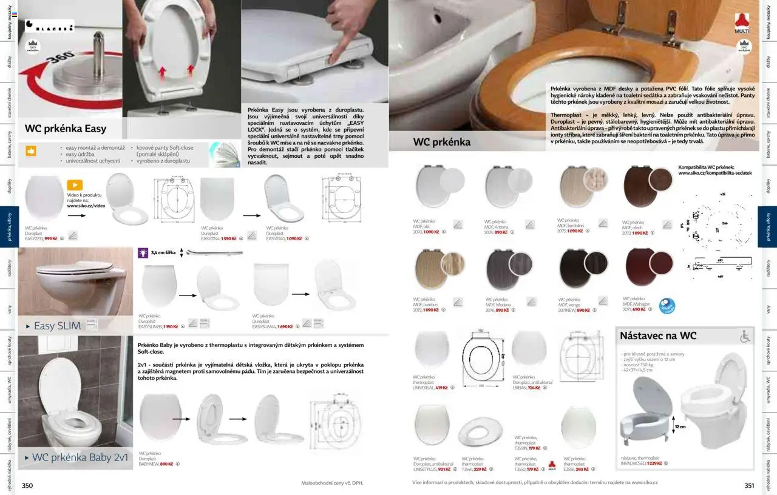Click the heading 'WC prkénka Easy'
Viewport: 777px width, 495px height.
[66, 129]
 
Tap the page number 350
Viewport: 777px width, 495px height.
[27, 485]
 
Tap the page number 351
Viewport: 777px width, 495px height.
[749, 485]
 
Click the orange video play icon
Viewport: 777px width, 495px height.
[75, 185]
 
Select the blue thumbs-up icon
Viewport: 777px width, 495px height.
[30, 151]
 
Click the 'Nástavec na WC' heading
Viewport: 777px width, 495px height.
[658, 335]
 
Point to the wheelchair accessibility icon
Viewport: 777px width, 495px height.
[745, 336]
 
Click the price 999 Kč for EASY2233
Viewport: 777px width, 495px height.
[50, 238]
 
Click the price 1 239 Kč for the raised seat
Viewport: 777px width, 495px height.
[654, 463]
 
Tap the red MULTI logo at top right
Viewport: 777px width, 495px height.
[742, 24]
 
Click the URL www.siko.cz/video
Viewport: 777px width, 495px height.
[86, 206]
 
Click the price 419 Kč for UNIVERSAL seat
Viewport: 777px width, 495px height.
[441, 388]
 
